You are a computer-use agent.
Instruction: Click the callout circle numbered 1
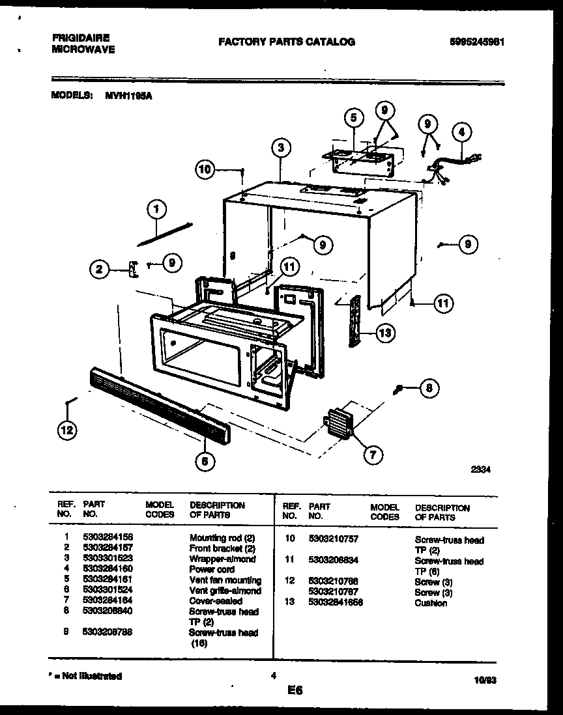[156, 209]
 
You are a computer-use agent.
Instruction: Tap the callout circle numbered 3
[280, 148]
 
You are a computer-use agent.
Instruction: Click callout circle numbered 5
[353, 118]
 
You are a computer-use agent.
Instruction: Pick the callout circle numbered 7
[372, 455]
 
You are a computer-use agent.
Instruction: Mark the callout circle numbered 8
[428, 389]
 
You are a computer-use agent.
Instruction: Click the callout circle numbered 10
[205, 169]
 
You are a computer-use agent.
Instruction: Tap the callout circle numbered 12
[66, 430]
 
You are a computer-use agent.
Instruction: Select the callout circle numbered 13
[385, 333]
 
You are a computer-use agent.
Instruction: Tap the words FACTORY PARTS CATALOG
[287, 42]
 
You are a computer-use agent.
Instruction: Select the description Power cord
[212, 570]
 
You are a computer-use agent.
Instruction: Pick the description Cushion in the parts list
[431, 603]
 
